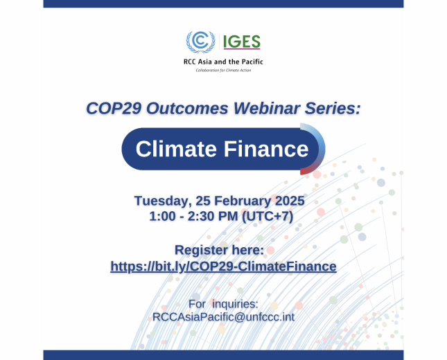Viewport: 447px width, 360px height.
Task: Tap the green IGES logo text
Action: (x=241, y=42)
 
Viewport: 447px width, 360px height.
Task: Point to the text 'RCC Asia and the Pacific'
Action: (x=223, y=62)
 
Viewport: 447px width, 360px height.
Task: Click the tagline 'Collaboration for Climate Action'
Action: (x=223, y=71)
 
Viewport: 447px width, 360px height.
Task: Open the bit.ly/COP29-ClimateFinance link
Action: (x=223, y=266)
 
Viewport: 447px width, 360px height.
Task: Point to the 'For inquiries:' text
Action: (x=223, y=303)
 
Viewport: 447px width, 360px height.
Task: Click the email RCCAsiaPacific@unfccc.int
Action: (x=223, y=316)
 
